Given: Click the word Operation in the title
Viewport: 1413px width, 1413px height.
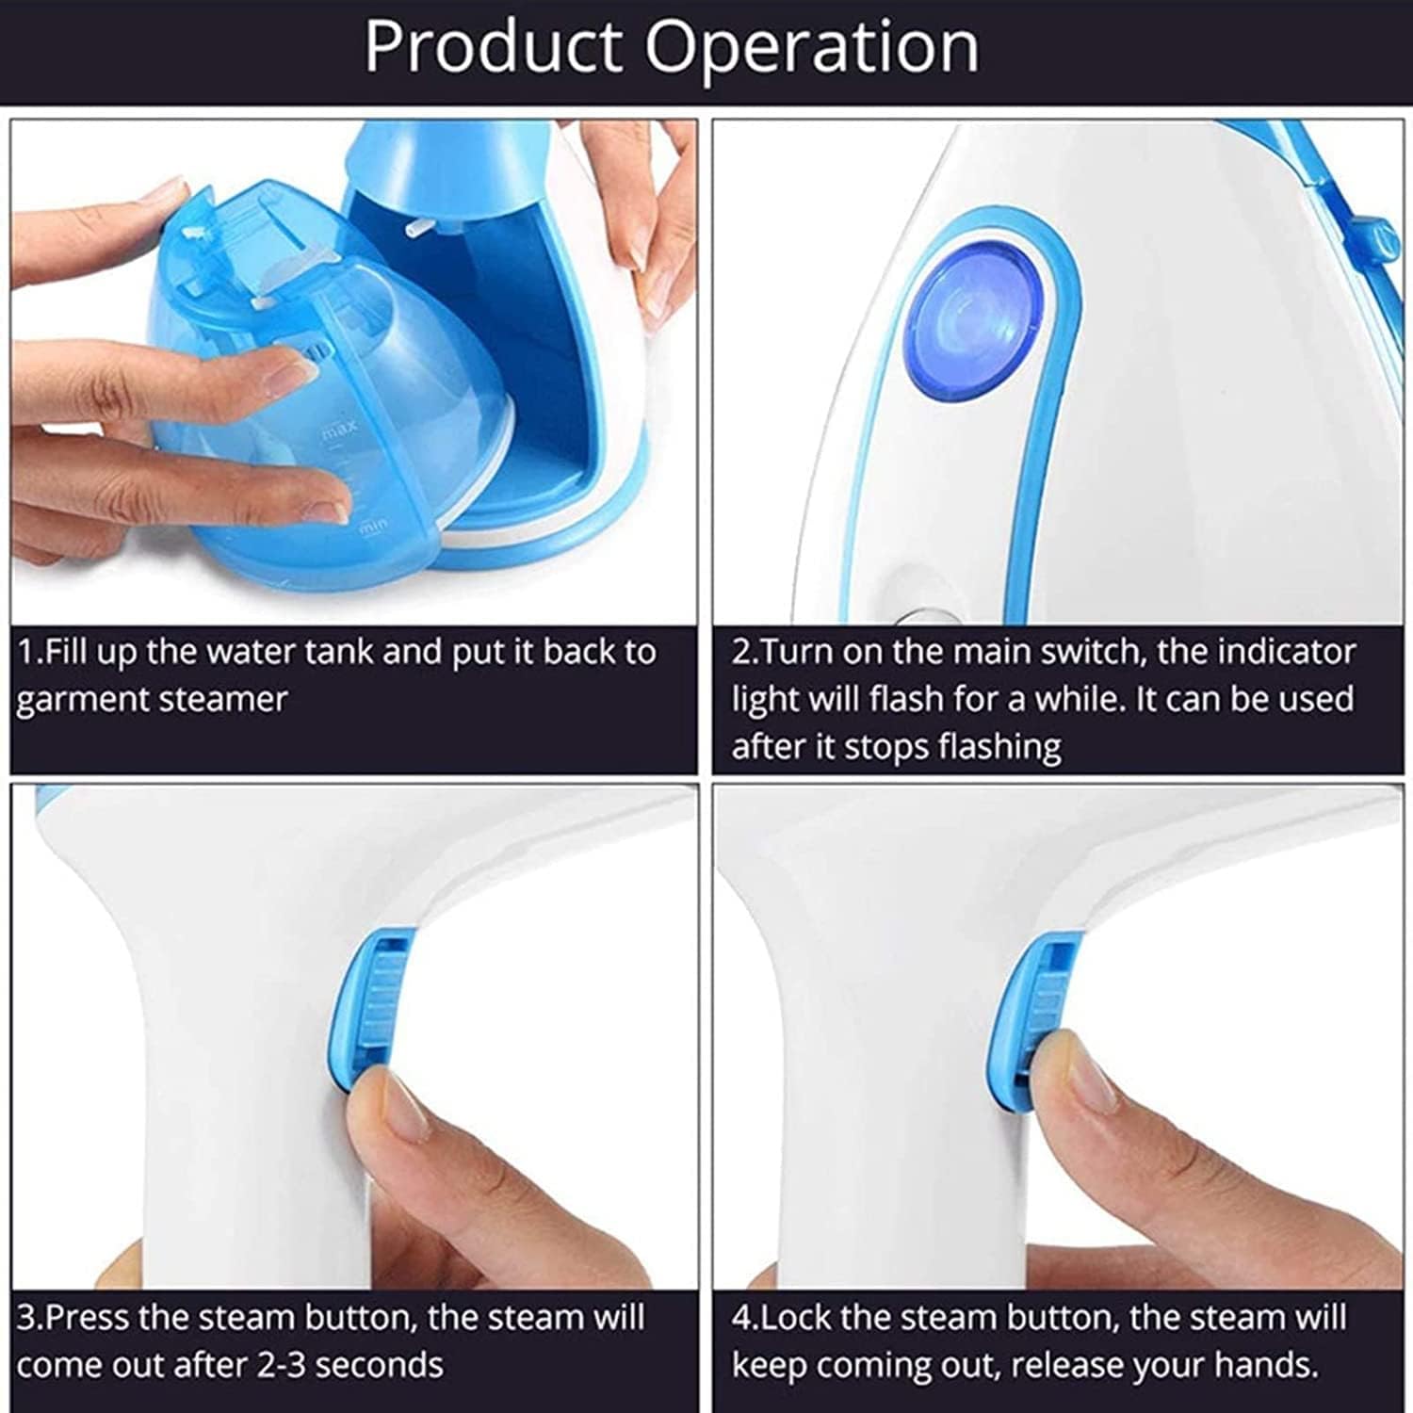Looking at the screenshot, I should click(812, 47).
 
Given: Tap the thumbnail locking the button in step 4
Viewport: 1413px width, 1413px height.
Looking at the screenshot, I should click(1083, 1074).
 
